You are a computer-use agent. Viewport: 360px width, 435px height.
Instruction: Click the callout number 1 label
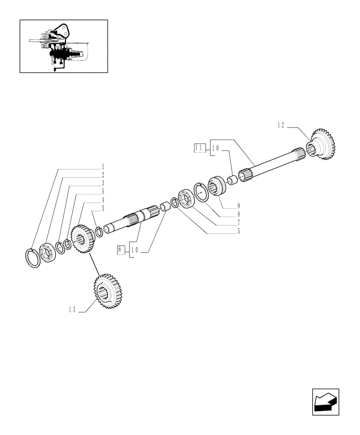103,166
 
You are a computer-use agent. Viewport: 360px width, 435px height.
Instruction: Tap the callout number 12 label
281,125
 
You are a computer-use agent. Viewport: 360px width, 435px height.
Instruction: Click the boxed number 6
120,250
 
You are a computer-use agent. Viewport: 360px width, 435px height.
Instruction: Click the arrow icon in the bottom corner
325,402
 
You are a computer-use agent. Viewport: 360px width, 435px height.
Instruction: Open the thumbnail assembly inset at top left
63,46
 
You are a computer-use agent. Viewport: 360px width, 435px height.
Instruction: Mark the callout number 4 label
103,200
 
